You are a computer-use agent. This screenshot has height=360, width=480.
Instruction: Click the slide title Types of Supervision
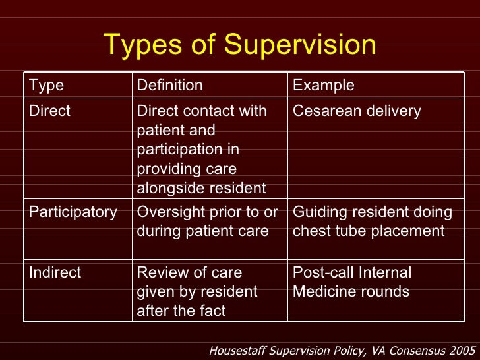(240, 45)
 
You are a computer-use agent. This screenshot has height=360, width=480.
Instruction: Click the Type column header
(46, 86)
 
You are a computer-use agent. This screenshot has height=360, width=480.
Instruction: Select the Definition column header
(169, 86)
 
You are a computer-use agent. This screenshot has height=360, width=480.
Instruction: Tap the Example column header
(323, 86)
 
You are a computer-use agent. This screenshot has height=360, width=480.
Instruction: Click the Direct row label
(49, 111)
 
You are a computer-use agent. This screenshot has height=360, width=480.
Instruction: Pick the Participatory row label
(73, 212)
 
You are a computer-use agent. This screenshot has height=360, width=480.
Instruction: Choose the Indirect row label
(55, 272)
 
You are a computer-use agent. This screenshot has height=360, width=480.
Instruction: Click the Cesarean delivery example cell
(356, 111)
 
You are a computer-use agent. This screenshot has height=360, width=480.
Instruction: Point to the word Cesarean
(322, 111)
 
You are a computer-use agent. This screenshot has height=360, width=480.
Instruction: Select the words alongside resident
(201, 189)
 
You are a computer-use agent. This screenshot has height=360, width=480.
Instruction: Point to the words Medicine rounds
(351, 291)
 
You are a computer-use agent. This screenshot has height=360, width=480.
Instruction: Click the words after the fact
(181, 311)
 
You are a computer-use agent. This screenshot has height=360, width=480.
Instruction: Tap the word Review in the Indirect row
(160, 272)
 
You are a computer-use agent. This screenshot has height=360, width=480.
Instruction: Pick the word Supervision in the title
(300, 45)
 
